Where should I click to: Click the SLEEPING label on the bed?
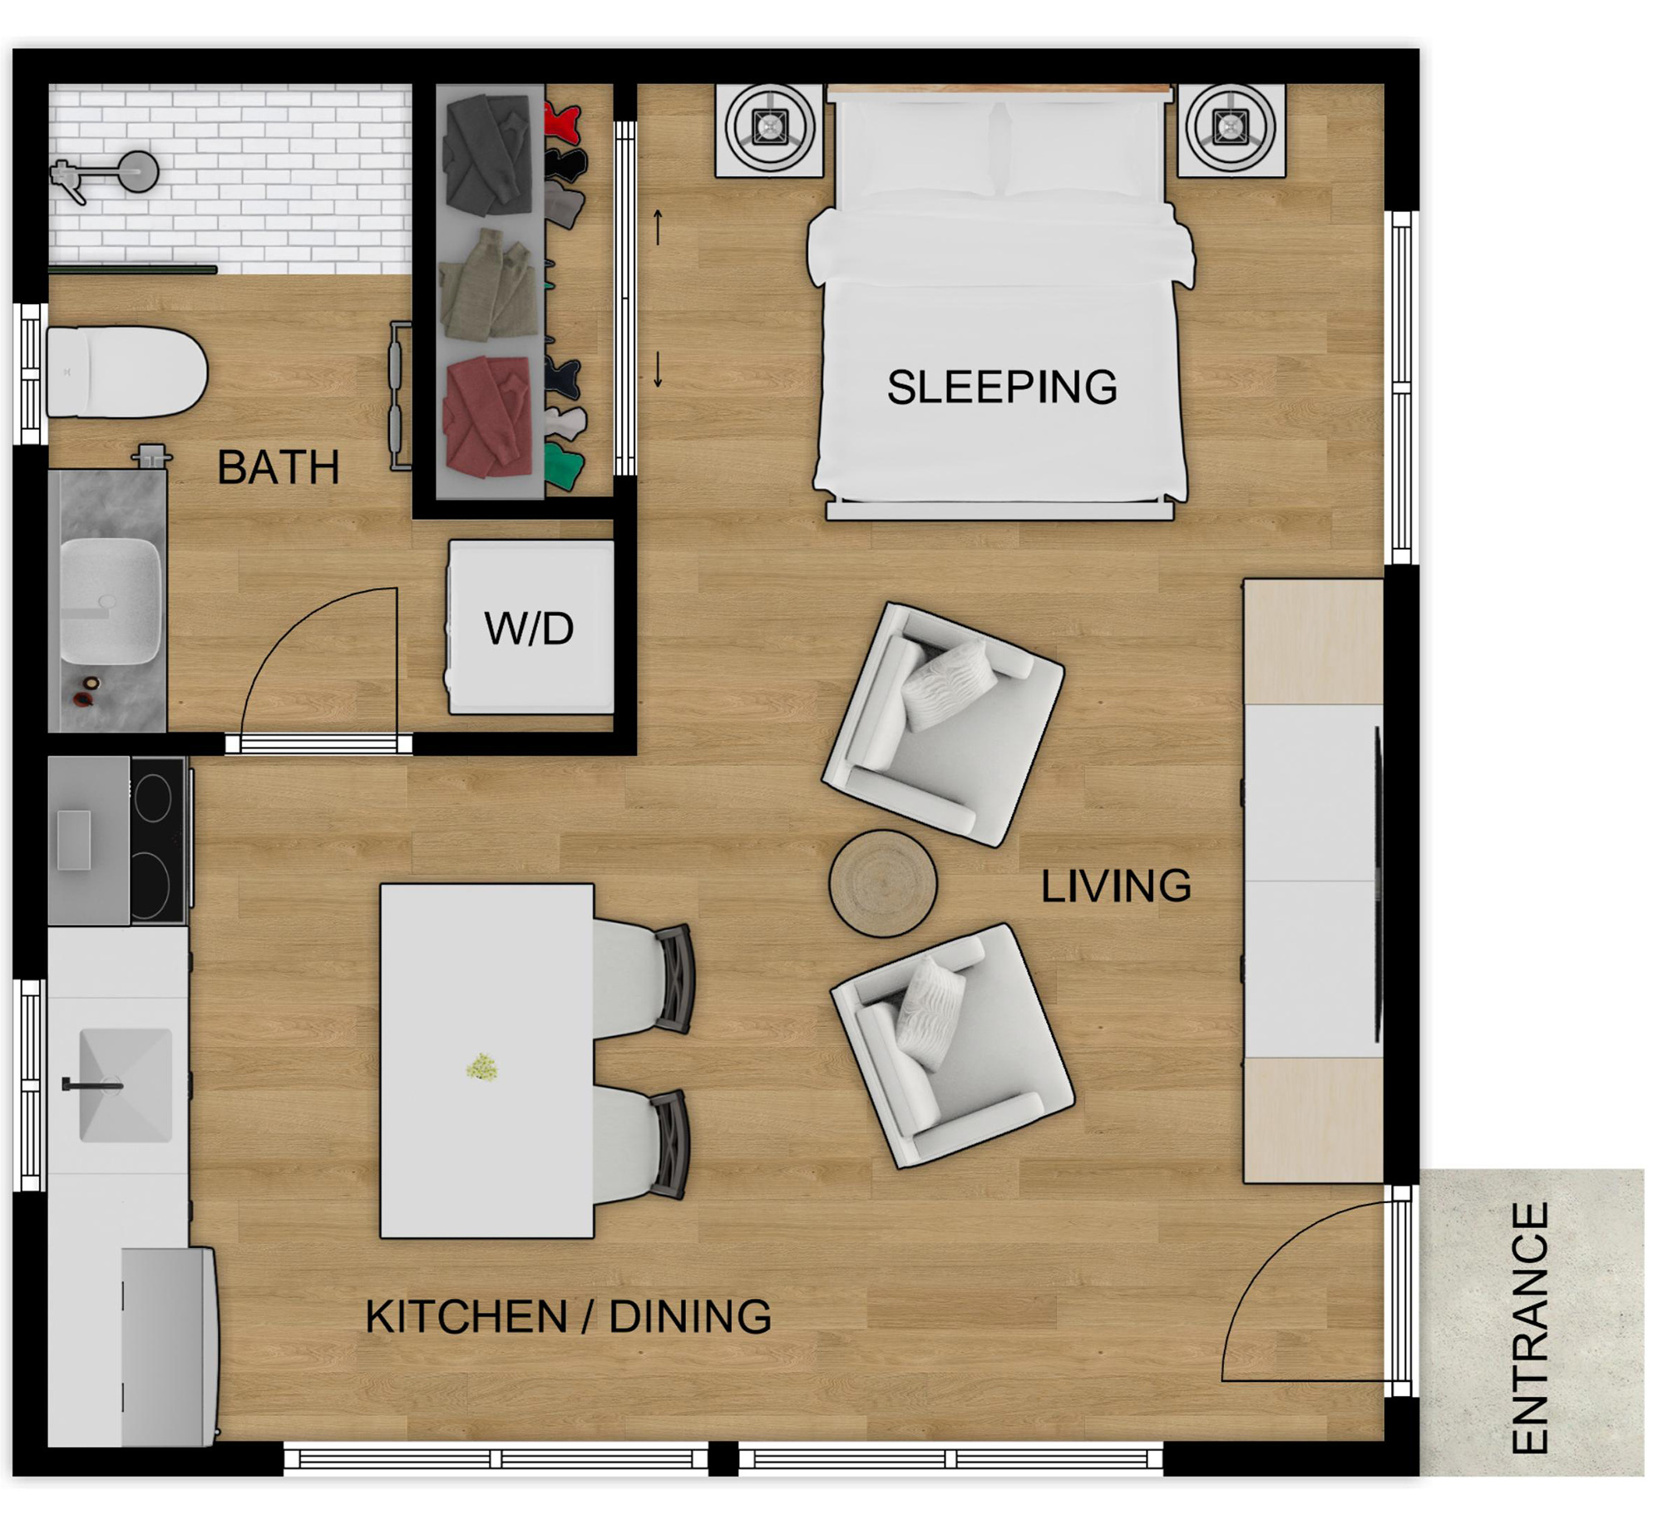point(1001,387)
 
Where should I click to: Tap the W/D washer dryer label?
point(529,629)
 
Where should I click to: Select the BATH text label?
point(278,467)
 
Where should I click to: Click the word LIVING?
point(1116,886)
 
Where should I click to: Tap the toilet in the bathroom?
point(125,372)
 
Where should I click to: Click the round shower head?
point(137,172)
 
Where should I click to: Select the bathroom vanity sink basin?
point(109,600)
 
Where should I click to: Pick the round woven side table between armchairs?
point(882,883)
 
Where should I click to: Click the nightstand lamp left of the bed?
point(769,127)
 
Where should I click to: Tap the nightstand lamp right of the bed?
point(1231,127)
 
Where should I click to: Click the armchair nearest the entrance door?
point(952,1046)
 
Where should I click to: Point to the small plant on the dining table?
point(482,1067)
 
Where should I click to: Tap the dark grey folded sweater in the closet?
point(488,155)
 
